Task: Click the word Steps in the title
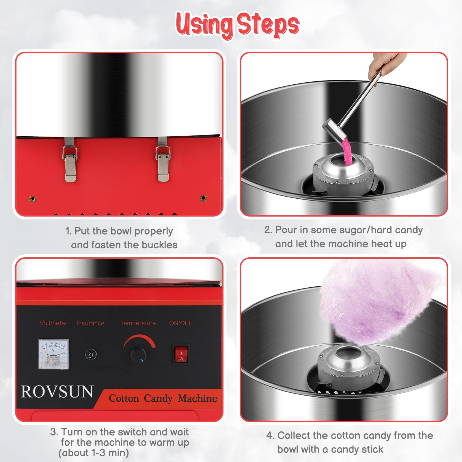tap(268, 25)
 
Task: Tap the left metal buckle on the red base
tap(70, 161)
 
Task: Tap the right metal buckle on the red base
tap(163, 161)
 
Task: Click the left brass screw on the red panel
tap(33, 199)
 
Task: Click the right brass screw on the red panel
tap(204, 198)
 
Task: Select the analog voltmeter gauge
tap(53, 354)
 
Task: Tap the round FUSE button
tap(91, 354)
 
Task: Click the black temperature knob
tap(138, 355)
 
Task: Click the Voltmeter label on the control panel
tap(53, 323)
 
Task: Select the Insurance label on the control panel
tap(90, 323)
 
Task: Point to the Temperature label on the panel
tap(138, 323)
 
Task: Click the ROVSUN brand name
tap(57, 392)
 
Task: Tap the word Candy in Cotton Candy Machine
tap(158, 398)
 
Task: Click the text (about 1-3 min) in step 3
tap(94, 452)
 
